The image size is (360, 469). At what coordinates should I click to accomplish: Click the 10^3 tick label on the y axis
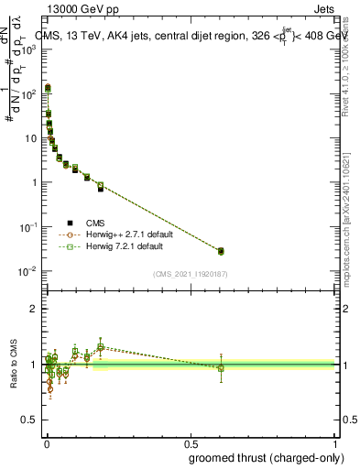click(x=27, y=48)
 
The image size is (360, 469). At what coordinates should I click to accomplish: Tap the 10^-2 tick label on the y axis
click(x=27, y=271)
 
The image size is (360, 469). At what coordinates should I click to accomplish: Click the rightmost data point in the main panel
click(x=220, y=251)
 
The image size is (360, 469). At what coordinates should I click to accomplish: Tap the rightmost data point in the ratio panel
click(x=220, y=367)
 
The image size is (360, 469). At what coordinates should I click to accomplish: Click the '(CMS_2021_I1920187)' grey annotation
click(x=190, y=274)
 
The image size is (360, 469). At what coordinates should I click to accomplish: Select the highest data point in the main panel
click(x=47, y=88)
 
